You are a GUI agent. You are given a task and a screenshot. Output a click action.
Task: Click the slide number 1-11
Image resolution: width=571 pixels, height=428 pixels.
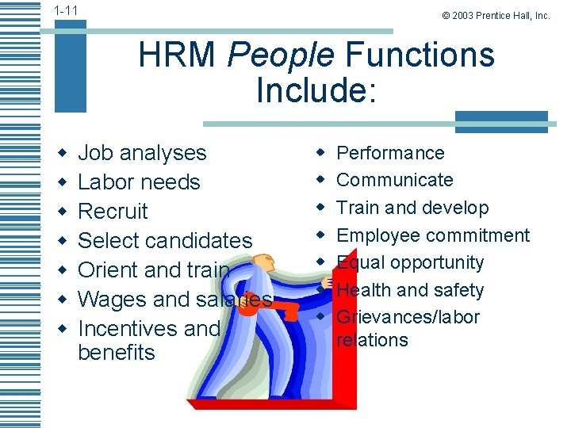pyautogui.click(x=66, y=10)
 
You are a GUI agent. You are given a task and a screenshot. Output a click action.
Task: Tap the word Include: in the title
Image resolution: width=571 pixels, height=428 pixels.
pyautogui.click(x=315, y=90)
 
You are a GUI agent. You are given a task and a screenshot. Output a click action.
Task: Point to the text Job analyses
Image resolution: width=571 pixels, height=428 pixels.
pyautogui.click(x=142, y=153)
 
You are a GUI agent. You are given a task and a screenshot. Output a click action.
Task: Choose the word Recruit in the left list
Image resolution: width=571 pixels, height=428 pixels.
pyautogui.click(x=113, y=212)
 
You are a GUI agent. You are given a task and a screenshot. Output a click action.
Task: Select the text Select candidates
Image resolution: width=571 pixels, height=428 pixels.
pyautogui.click(x=165, y=241)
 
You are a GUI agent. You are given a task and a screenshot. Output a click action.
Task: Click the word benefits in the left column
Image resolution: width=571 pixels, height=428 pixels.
pyautogui.click(x=117, y=352)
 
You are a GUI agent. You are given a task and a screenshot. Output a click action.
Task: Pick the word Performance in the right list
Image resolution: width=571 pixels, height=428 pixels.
pyautogui.click(x=390, y=153)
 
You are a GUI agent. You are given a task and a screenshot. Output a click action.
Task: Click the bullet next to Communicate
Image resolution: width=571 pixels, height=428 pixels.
pyautogui.click(x=321, y=180)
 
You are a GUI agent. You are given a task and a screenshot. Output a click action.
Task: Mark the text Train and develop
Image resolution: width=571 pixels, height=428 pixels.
pyautogui.click(x=412, y=208)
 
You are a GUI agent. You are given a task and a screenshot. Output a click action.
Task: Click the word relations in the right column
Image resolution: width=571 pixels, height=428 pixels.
pyautogui.click(x=372, y=340)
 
